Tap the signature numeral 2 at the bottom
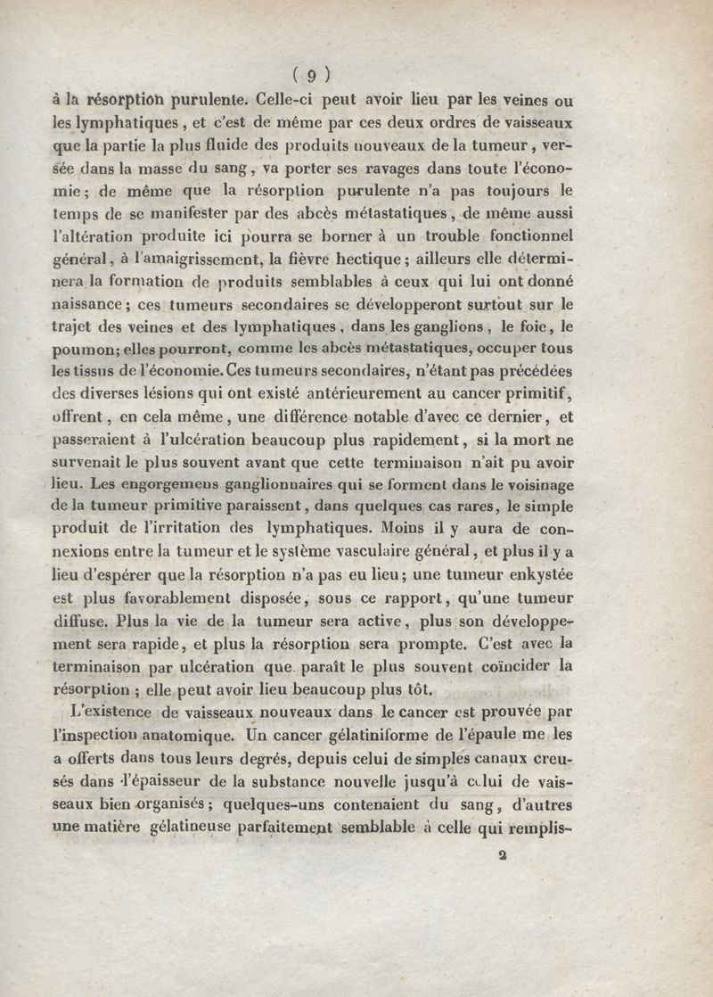(503, 854)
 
